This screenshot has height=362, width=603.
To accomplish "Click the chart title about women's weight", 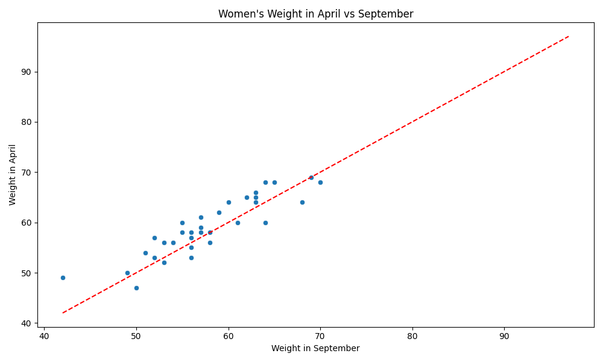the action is pyautogui.click(x=316, y=14).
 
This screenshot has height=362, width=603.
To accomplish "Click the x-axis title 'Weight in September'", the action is pyautogui.click(x=315, y=348).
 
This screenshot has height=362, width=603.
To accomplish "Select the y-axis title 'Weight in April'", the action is pyautogui.click(x=12, y=175).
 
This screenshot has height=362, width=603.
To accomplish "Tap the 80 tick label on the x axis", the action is pyautogui.click(x=412, y=336).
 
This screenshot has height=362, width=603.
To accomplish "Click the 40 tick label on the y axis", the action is pyautogui.click(x=26, y=323).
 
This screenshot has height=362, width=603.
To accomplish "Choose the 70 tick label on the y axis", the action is pyautogui.click(x=26, y=173).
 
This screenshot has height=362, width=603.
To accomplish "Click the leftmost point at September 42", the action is pyautogui.click(x=63, y=278).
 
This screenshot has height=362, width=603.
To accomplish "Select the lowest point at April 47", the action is pyautogui.click(x=136, y=288).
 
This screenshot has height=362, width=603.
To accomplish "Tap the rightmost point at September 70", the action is pyautogui.click(x=320, y=182).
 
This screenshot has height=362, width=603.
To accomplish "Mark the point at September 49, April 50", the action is pyautogui.click(x=127, y=273).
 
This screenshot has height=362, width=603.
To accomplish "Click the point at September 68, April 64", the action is pyautogui.click(x=302, y=202).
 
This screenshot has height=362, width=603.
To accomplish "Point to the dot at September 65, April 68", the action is pyautogui.click(x=274, y=182).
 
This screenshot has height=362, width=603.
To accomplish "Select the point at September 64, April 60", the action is pyautogui.click(x=265, y=223).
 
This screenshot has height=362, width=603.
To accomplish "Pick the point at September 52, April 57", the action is pyautogui.click(x=154, y=238).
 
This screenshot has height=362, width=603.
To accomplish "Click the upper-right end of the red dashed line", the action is pyautogui.click(x=569, y=37).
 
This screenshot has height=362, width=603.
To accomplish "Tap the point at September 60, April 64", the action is pyautogui.click(x=229, y=202).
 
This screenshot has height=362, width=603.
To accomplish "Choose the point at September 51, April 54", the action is pyautogui.click(x=145, y=253).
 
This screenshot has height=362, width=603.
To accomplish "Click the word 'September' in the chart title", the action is pyautogui.click(x=385, y=14).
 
